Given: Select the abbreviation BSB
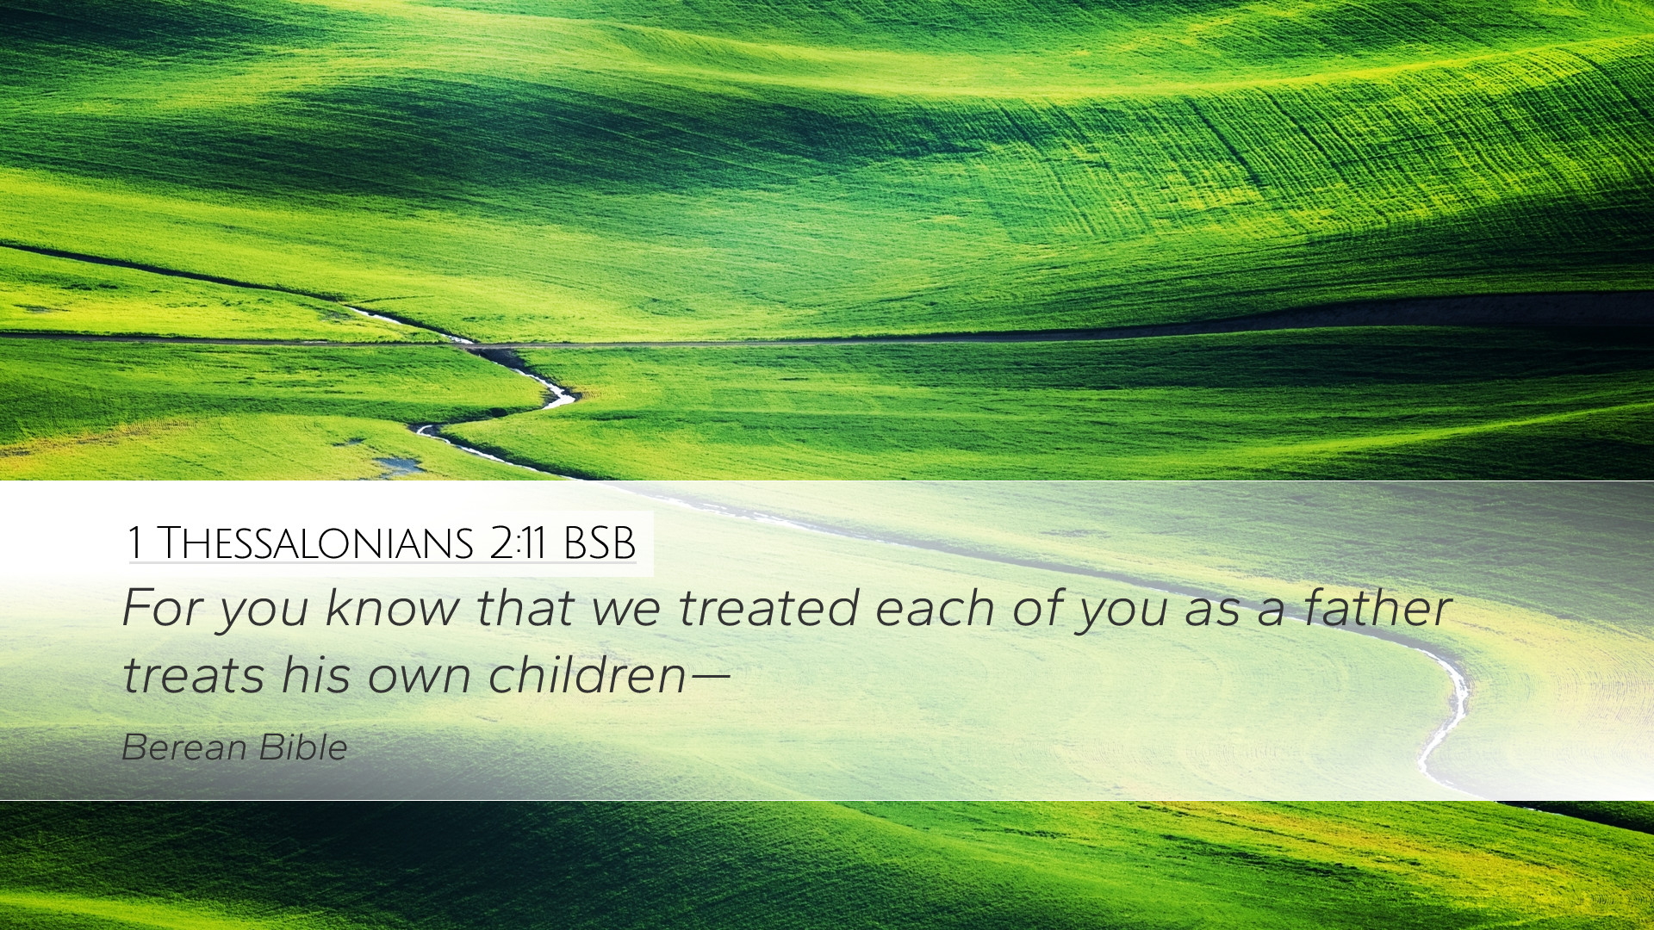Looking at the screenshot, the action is coord(600,543).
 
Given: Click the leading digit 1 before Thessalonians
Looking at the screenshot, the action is coord(134,543).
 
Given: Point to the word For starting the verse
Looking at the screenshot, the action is coord(163,607).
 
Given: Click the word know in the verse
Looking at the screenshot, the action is coord(393,607).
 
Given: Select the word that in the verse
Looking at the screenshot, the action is coord(525,607).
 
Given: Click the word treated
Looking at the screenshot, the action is coord(768,607).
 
